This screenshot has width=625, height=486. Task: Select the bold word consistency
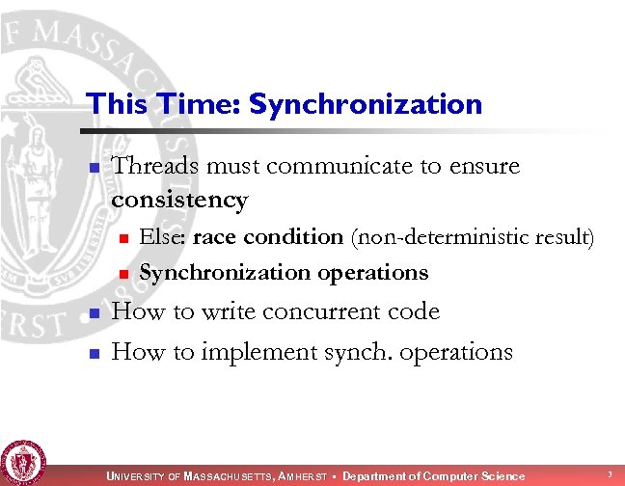click(179, 201)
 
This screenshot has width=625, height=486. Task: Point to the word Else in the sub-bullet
click(164, 237)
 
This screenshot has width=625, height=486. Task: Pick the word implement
click(258, 353)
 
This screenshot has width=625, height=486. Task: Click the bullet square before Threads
click(94, 169)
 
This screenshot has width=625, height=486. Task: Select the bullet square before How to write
click(94, 314)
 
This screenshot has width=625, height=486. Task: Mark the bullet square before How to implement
click(94, 354)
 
